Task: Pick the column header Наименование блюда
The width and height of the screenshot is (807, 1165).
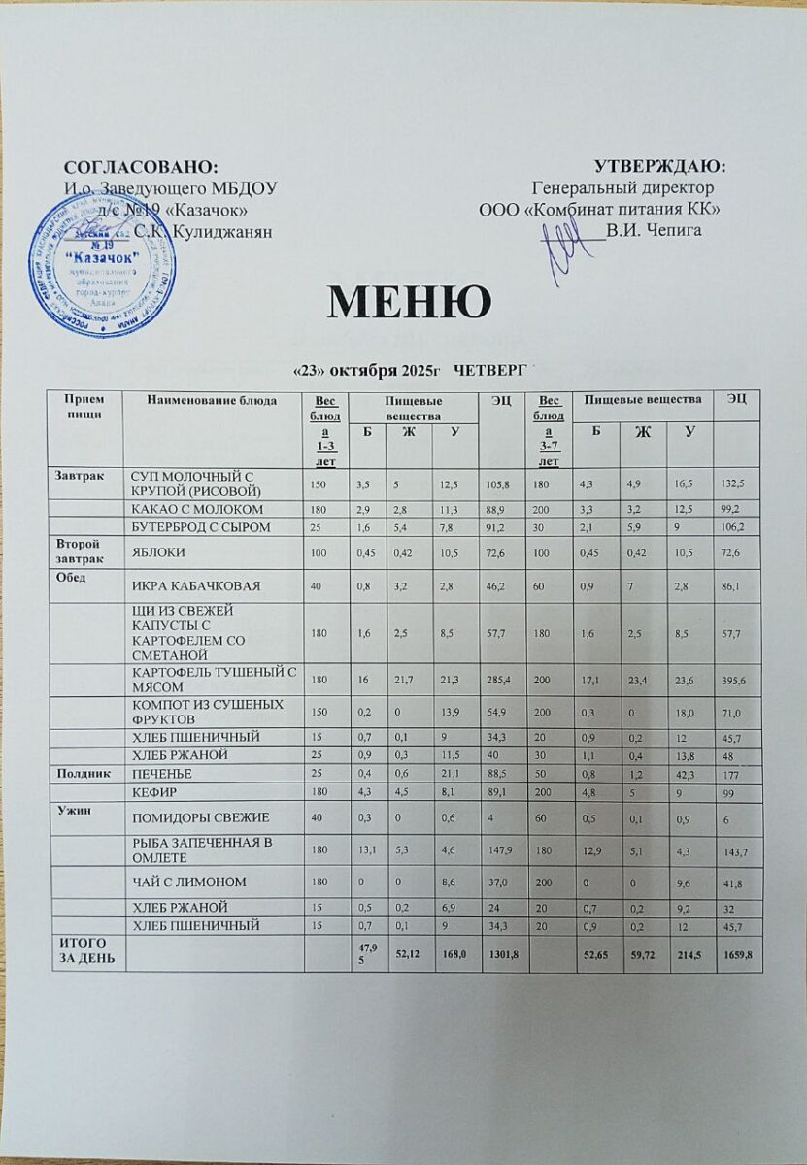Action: (211, 399)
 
